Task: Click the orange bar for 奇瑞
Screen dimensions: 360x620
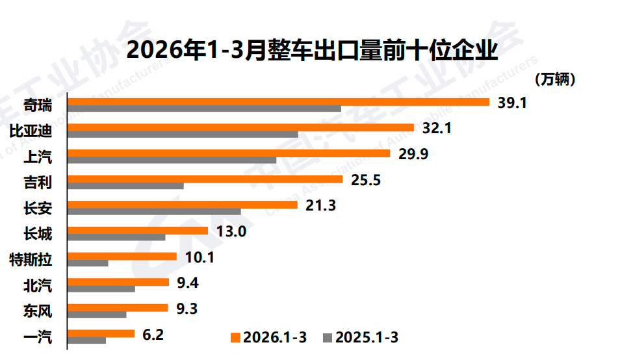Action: click(278, 102)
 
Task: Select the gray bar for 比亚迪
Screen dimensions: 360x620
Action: click(183, 135)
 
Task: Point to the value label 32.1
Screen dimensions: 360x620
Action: click(436, 128)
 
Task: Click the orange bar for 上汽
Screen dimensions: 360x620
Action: click(229, 153)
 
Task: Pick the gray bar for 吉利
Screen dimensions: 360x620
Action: click(125, 186)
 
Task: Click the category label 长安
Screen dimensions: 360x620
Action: click(38, 208)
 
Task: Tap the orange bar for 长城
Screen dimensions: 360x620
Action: click(138, 231)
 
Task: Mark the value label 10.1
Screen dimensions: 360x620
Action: click(199, 257)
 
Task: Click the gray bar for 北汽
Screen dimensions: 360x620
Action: click(101, 289)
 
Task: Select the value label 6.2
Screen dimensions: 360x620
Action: click(153, 334)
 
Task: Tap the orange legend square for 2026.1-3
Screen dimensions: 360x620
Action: click(236, 337)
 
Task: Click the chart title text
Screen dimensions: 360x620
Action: click(311, 50)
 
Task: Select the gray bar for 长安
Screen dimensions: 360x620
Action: click(154, 211)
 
